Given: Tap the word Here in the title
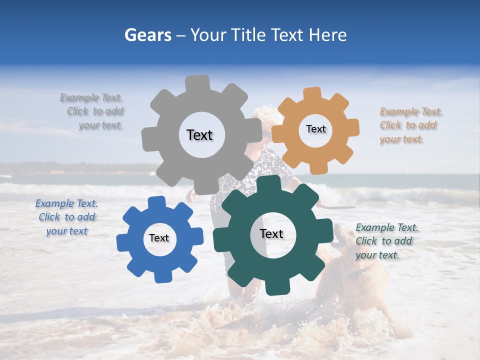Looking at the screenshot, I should tap(327, 35).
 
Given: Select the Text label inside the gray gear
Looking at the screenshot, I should tap(199, 135).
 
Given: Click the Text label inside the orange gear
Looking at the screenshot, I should tap(315, 129).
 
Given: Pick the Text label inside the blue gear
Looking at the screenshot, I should tap(159, 238).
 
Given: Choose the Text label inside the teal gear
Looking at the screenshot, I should tap(271, 233).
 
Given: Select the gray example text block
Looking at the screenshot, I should tap(92, 111).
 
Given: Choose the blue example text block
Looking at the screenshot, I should tap(66, 217).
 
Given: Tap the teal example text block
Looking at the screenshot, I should tap(386, 241).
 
